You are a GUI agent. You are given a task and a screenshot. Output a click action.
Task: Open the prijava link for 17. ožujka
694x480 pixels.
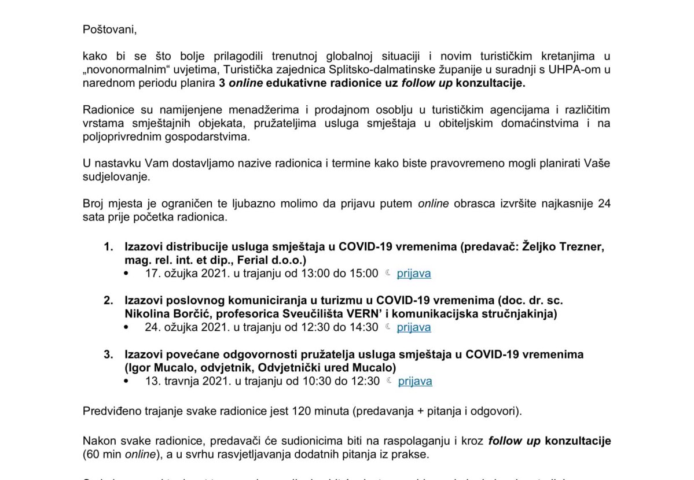point(413,274)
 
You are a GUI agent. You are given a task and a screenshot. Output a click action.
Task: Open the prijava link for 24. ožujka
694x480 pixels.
point(413,327)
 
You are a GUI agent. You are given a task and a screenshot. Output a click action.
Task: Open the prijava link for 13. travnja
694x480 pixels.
point(415,381)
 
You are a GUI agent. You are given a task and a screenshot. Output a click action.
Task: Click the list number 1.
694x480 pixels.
point(107,248)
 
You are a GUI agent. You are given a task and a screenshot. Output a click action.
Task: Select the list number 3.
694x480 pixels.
point(107,355)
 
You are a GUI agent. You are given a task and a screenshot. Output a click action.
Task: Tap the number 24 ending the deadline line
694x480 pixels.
point(604,204)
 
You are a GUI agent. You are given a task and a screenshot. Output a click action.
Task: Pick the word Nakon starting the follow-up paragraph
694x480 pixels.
point(98,441)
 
